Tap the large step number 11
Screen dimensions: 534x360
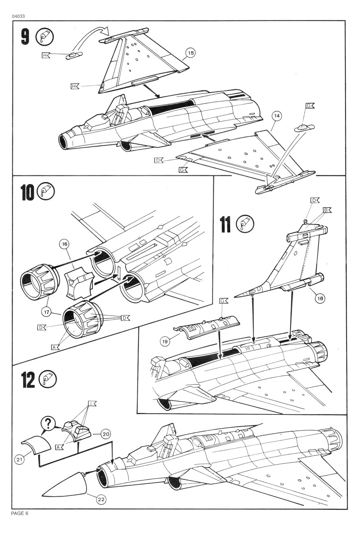tap(225, 225)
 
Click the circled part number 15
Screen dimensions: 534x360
tap(190, 53)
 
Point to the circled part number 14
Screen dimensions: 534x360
tap(277, 116)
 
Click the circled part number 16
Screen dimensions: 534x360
tap(64, 244)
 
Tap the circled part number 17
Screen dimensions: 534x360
tap(47, 312)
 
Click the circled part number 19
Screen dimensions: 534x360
tap(165, 341)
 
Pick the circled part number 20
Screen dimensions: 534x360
tap(105, 434)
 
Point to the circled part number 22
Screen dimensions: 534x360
tap(101, 499)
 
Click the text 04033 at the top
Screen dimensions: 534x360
tap(18, 16)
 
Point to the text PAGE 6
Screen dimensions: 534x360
tap(20, 514)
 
